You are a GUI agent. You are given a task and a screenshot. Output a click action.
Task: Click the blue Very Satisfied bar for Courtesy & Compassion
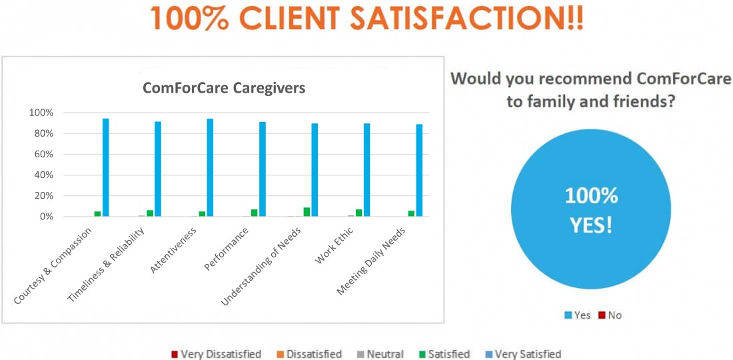(x=105, y=167)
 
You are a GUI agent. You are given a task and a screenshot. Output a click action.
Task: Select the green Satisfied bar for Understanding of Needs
(x=307, y=212)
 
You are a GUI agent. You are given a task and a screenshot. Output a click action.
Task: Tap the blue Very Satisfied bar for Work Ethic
(x=366, y=170)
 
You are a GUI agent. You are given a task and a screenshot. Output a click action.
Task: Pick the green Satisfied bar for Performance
(x=254, y=213)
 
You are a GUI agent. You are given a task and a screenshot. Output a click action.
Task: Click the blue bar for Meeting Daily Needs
(x=419, y=170)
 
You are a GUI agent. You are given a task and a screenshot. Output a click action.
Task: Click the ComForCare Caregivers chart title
(x=224, y=88)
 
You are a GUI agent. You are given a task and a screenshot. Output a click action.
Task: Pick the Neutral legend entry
(x=384, y=354)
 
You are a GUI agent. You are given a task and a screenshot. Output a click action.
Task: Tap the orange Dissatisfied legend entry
(x=310, y=354)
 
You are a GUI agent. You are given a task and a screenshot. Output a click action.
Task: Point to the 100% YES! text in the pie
(x=591, y=210)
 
